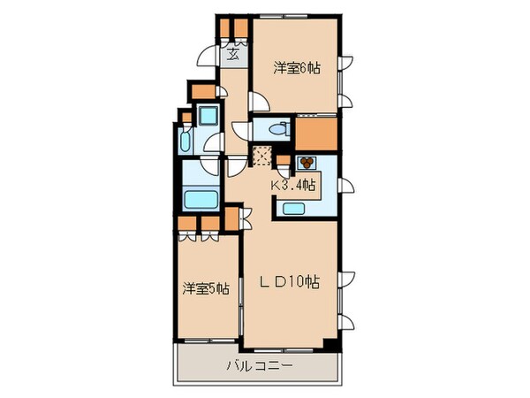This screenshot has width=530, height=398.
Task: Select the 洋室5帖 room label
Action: click(x=207, y=287)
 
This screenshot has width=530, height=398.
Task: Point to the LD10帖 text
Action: click(x=289, y=283)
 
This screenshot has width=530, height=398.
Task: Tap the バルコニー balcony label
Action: click(x=260, y=364)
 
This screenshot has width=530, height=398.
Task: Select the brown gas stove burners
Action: click(x=307, y=164)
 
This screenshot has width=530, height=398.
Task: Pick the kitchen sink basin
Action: click(x=294, y=209)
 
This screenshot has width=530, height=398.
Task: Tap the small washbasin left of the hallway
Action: click(x=185, y=142)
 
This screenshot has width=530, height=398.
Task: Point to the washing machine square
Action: click(x=208, y=116)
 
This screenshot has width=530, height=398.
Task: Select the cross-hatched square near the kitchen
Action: click(x=262, y=157)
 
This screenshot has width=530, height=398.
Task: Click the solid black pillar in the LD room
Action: click(x=330, y=343)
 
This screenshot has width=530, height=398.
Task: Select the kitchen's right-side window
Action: click(x=346, y=186)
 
